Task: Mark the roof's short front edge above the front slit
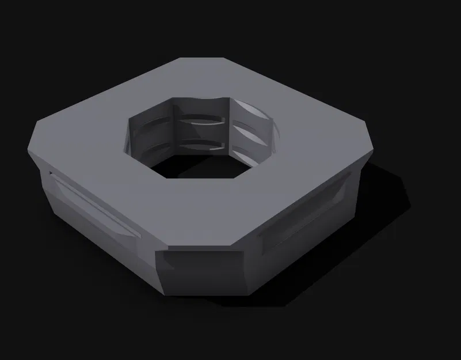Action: (x=199, y=249)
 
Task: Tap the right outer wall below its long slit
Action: (x=311, y=242)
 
